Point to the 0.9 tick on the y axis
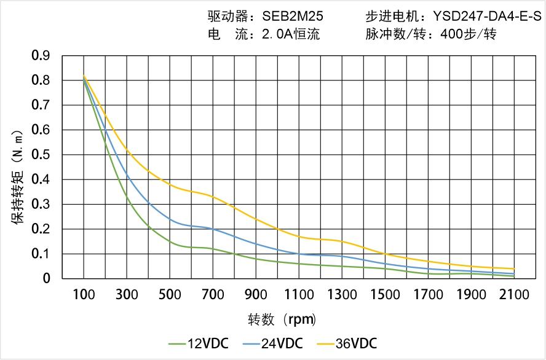(x=41, y=56)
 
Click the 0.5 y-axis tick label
(x=41, y=155)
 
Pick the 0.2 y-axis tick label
(x=41, y=229)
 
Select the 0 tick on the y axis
(x=47, y=279)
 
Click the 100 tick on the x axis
(x=84, y=294)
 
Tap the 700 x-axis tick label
(x=213, y=294)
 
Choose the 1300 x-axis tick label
(x=342, y=294)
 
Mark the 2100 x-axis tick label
(x=514, y=294)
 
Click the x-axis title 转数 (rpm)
(x=282, y=319)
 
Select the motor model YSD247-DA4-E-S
(x=481, y=15)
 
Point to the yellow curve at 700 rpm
(x=213, y=197)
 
